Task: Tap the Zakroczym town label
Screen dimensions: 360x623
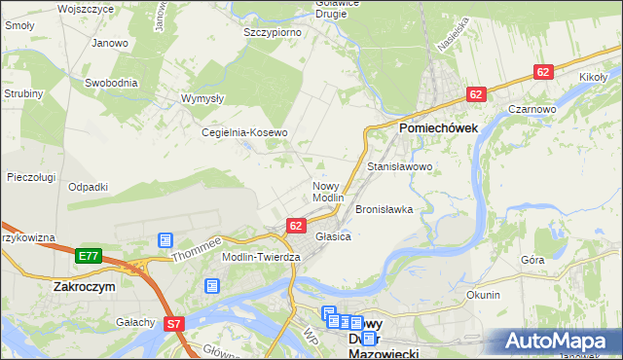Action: tap(86, 288)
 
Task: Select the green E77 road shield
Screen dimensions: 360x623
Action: tap(89, 256)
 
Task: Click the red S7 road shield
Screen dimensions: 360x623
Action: tap(174, 324)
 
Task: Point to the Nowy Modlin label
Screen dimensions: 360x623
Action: tap(328, 192)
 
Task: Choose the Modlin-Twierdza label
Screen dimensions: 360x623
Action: tap(262, 256)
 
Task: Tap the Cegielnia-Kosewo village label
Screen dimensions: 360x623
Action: tap(244, 132)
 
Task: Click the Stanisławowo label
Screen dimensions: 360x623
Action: tap(399, 167)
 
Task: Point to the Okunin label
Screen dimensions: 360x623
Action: tap(483, 295)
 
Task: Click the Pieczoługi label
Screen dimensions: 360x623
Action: tap(31, 177)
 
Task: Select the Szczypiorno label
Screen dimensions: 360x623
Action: tap(273, 32)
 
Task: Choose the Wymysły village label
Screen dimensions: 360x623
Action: tap(203, 98)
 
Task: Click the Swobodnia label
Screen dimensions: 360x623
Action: tap(110, 83)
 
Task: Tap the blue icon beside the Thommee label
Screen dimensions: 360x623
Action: tap(165, 240)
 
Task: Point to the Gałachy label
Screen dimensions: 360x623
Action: tap(135, 322)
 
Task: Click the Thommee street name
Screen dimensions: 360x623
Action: tap(198, 249)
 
